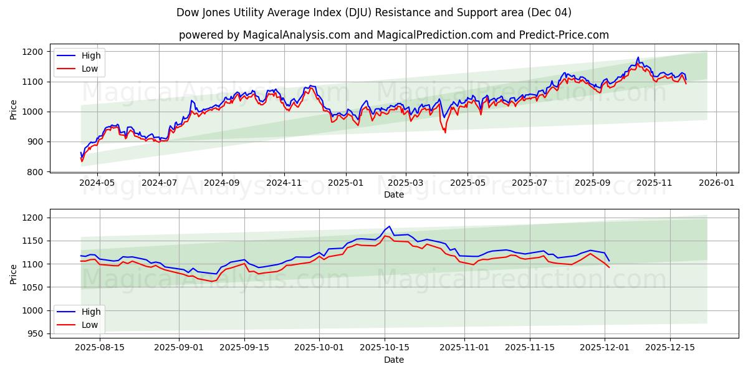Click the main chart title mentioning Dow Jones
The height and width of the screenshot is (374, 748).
coord(373,12)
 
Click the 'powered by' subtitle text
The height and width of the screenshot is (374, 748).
coord(393,35)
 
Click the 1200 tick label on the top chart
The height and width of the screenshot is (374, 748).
coord(34,52)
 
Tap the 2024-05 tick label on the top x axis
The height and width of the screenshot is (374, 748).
coord(98,183)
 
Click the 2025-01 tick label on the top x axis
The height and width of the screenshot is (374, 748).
coord(345,183)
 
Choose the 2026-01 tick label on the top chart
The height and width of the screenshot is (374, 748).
coord(716,183)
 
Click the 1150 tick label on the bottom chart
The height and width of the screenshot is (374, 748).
coord(34,241)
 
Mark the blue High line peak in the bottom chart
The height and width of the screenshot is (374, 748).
coord(389,226)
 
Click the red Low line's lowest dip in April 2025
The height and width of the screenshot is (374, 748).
coord(445,132)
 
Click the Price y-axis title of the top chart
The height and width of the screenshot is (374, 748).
coord(14,110)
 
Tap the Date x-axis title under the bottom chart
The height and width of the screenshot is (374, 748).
coord(393,360)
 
